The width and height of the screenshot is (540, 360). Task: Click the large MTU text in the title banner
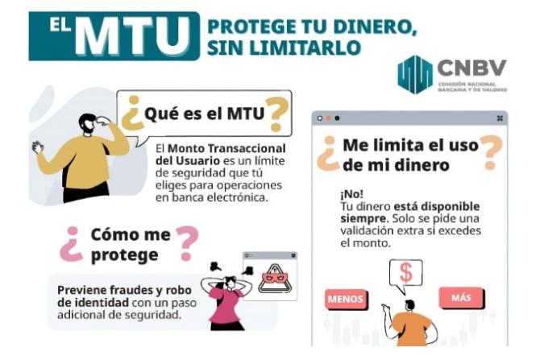132,36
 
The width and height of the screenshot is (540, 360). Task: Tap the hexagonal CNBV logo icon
414,74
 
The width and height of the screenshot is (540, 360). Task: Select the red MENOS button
346,299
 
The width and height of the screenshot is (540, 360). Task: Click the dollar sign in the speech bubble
406,272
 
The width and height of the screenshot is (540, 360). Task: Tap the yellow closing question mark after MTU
276,114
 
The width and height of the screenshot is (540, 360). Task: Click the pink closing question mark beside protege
187,243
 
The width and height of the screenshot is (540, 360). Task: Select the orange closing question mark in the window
491,152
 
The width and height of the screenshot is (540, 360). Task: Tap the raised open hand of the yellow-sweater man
37,147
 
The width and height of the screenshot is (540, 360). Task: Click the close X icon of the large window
500,118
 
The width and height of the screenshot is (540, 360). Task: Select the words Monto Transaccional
226,149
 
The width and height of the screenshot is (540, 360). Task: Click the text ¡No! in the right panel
351,194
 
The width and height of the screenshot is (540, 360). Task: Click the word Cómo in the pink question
111,234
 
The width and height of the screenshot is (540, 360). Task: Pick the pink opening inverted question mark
71,244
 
